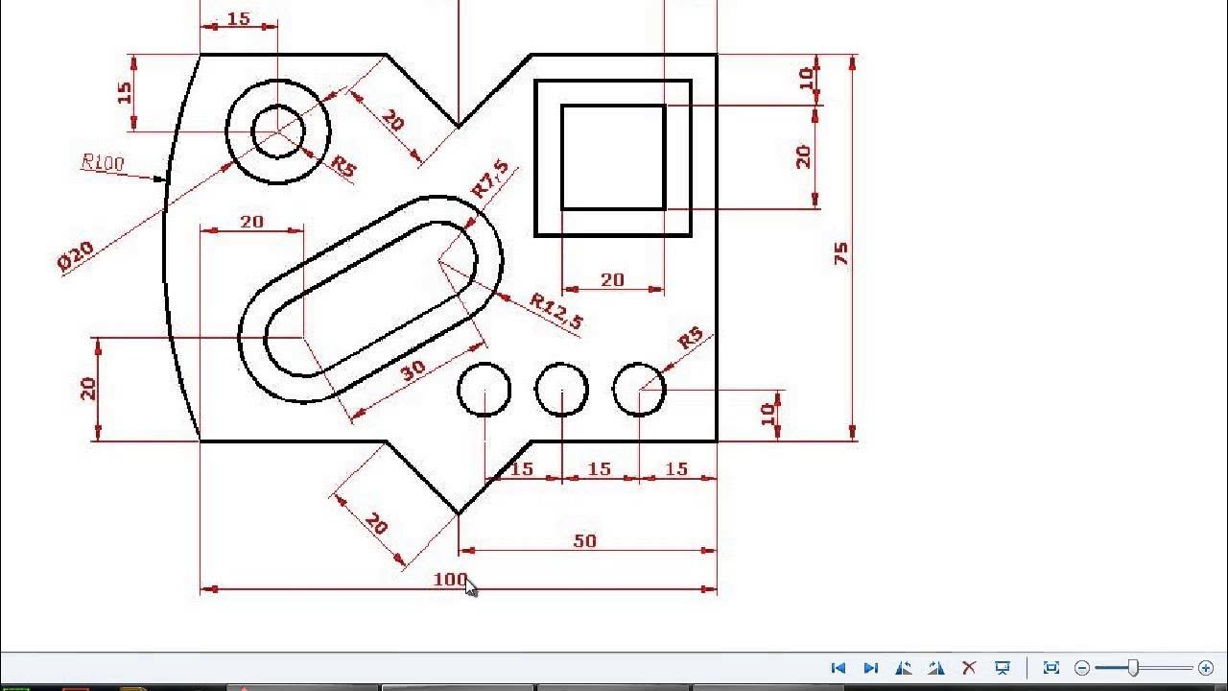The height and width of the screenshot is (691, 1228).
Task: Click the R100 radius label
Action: (103, 162)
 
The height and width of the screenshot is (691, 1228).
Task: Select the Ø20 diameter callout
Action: (76, 256)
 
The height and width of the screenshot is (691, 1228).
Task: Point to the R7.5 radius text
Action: (490, 179)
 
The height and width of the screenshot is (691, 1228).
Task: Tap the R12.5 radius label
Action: (556, 312)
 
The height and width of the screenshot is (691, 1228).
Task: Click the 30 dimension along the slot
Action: (413, 370)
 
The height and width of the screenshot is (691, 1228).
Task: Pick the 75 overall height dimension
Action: (841, 253)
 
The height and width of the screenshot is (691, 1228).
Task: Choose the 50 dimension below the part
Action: (584, 541)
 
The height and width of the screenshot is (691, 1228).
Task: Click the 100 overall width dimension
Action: (449, 580)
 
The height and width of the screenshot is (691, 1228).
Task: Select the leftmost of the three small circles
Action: (484, 390)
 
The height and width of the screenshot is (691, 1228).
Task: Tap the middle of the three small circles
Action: (561, 390)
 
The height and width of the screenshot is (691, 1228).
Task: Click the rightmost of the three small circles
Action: (639, 390)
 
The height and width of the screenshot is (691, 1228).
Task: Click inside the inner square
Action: (613, 157)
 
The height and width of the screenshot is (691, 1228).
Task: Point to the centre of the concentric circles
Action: (278, 131)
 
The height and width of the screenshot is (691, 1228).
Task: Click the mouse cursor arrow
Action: (471, 587)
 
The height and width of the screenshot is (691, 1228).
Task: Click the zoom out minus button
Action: (1082, 668)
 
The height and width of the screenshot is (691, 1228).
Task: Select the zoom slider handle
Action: (1133, 668)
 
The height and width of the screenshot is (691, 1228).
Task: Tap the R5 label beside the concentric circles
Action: (343, 167)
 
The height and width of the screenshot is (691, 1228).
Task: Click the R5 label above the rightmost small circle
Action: (691, 340)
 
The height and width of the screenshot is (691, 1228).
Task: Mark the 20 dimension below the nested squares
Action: (612, 279)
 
